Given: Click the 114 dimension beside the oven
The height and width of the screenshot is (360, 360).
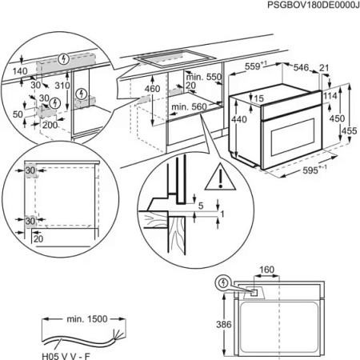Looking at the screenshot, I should pos(329,97).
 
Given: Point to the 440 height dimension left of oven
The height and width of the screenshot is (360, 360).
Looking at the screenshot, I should pos(237,118).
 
